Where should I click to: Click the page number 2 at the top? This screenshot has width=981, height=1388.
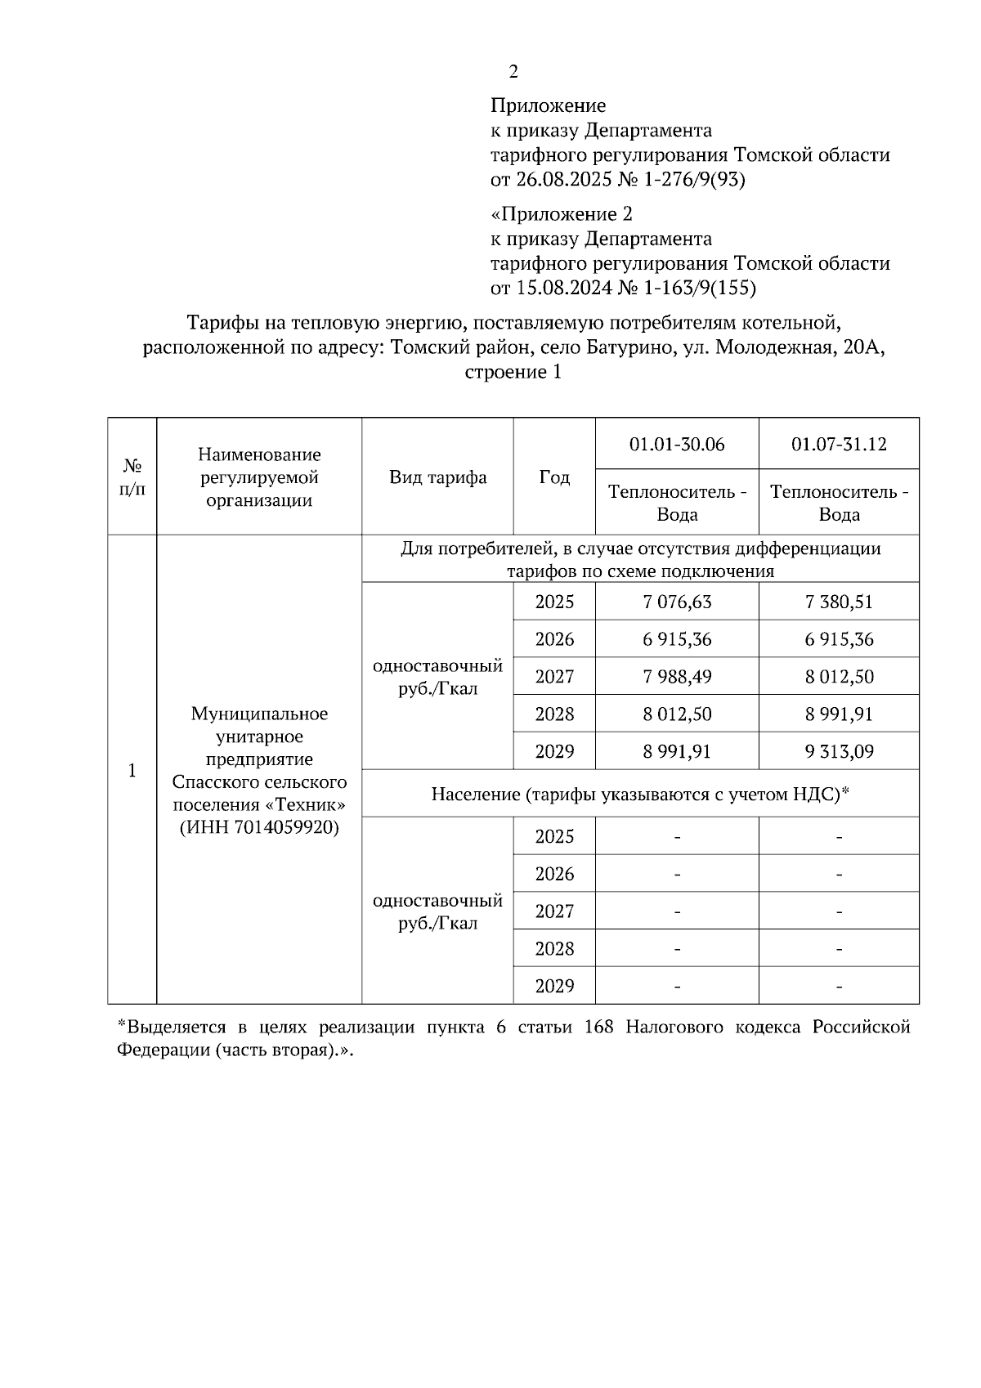513,72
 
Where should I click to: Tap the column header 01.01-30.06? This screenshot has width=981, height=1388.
677,444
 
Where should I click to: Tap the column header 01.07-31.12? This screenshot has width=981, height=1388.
839,444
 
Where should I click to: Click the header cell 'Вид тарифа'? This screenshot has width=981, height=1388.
437,477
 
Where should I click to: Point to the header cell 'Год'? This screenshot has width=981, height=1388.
554,477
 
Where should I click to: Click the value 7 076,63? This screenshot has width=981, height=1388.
677,602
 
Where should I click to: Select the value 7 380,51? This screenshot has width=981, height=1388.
839,602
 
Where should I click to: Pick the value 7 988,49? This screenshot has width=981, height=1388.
677,677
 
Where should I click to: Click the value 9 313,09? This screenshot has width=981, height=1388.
839,751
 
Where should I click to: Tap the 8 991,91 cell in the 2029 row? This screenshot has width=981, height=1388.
677,751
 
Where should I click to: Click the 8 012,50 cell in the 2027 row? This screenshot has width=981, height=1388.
839,677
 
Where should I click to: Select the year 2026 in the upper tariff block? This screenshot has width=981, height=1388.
554,639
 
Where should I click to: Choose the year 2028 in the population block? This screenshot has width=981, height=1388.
554,949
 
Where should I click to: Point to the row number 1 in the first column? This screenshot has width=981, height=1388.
132,771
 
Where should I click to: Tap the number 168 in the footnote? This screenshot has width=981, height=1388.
599,1028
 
